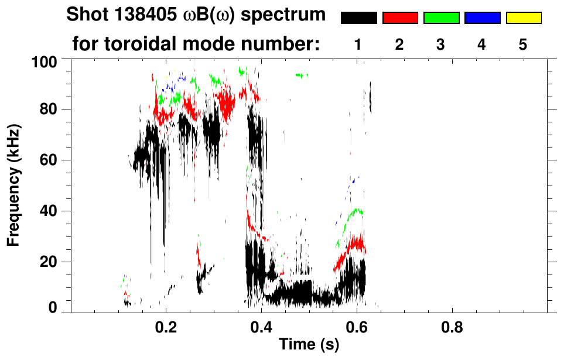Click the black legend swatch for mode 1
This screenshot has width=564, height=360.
358,18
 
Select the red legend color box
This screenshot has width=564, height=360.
400,18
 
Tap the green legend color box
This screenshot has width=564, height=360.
441,18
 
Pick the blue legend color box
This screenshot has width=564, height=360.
482,18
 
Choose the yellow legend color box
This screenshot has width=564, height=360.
523,18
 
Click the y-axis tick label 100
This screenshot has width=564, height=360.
43,60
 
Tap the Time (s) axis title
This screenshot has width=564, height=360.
309,345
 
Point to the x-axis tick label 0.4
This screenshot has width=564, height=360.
261,325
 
